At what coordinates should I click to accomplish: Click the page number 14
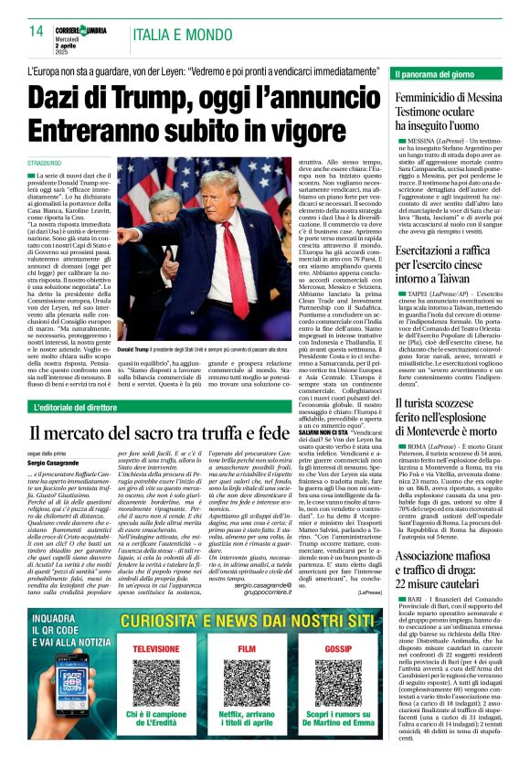[x=37, y=32]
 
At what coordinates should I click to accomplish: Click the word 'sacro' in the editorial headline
[x=179, y=432]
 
